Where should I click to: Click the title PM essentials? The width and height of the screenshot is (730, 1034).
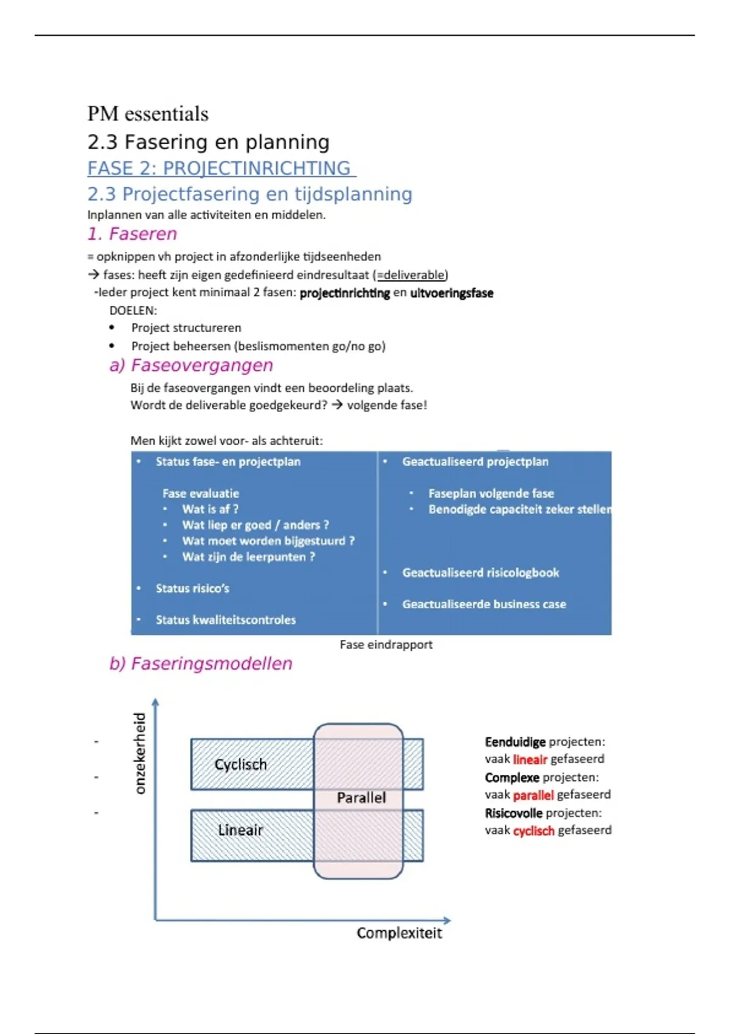[x=148, y=114]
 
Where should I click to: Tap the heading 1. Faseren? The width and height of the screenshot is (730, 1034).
[x=132, y=234]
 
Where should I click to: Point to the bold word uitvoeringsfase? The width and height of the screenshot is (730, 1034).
[x=451, y=293]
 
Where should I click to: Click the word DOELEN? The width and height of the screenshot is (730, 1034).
[x=133, y=310]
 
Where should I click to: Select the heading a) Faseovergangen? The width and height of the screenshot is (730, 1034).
[x=191, y=365]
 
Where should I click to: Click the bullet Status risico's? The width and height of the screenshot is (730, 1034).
[x=192, y=588]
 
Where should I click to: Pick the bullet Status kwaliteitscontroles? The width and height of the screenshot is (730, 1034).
[x=225, y=620]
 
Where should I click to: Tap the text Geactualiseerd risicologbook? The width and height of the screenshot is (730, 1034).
[x=480, y=572]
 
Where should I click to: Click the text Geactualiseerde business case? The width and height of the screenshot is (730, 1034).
[x=484, y=604]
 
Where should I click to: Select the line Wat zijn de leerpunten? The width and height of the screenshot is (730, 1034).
[x=248, y=557]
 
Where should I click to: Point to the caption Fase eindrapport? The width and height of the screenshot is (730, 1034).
[x=386, y=645]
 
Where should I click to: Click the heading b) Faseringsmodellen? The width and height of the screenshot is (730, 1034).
[x=201, y=663]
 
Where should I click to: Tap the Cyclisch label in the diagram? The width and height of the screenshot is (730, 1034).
[x=240, y=765]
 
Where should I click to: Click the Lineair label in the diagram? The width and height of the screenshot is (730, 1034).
[x=240, y=830]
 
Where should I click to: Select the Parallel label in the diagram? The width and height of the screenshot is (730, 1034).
[x=361, y=797]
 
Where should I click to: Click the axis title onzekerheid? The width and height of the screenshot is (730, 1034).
[x=140, y=753]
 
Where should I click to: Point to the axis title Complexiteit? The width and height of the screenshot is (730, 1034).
[x=399, y=933]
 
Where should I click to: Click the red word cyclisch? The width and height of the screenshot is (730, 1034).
[x=534, y=831]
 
